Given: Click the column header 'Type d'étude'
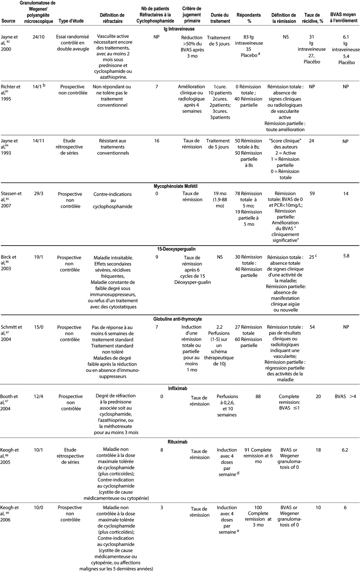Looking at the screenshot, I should pos(69,21).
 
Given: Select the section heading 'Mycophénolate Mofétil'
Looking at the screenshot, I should pos(180,186).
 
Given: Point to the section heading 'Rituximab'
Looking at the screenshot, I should pos(180,442).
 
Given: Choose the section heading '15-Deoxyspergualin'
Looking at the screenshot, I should pos(180,248).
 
